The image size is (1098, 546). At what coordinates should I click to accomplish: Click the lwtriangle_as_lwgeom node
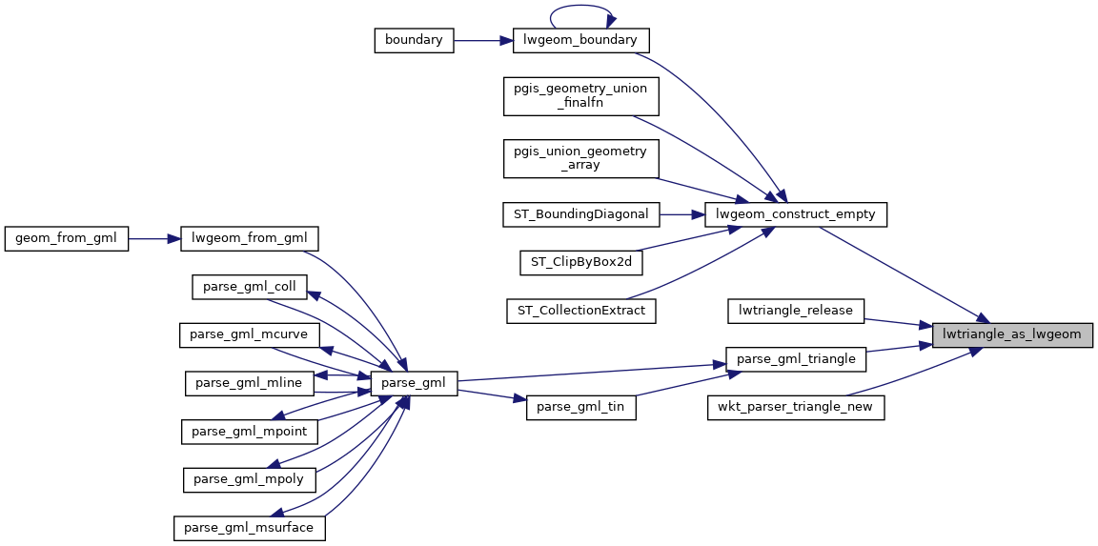1011,334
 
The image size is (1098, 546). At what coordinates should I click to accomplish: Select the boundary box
413,40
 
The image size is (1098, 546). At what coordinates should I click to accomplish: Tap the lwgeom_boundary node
580,40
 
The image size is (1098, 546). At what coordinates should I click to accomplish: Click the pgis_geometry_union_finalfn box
580,95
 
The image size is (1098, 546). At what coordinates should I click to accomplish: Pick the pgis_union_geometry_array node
580,158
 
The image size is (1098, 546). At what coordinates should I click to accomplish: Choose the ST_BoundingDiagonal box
580,214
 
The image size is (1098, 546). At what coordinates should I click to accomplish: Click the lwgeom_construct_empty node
796,214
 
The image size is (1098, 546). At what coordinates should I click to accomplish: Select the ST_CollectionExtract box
580,310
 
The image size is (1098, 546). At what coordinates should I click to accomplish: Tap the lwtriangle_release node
796,310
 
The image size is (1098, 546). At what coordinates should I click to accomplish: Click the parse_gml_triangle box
796,359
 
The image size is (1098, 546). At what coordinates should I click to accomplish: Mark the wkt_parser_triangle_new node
796,407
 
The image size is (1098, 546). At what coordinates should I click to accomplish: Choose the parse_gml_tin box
580,407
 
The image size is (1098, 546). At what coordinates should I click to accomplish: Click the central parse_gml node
414,383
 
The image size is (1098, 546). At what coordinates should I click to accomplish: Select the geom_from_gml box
66,238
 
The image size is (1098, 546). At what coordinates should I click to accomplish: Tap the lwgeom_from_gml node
249,238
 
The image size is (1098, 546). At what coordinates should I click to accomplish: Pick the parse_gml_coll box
250,287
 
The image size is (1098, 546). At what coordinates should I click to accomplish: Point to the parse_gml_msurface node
250,527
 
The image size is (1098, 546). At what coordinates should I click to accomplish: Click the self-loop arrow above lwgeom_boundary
580,11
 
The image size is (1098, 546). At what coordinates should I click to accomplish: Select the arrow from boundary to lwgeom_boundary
483,40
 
